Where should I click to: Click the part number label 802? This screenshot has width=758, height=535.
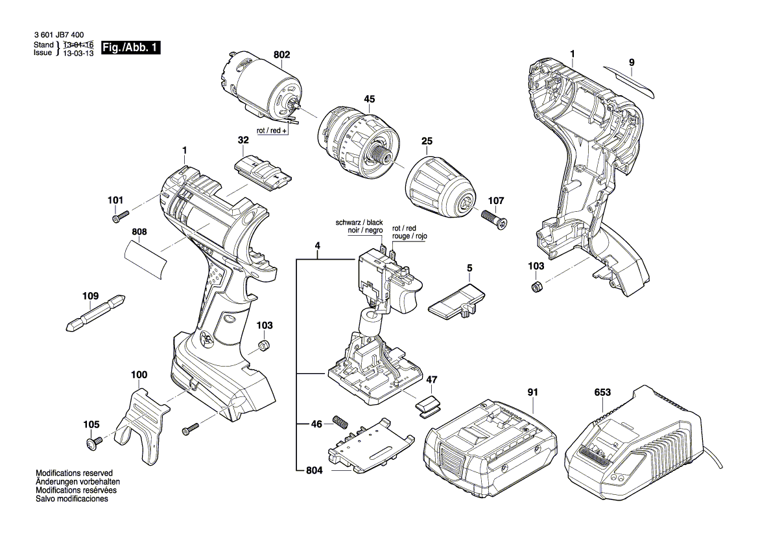pyautogui.click(x=281, y=55)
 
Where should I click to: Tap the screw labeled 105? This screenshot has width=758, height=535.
pyautogui.click(x=93, y=443)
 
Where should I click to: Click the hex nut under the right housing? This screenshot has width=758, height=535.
pyautogui.click(x=536, y=287)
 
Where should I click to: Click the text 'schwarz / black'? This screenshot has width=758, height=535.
pyautogui.click(x=359, y=222)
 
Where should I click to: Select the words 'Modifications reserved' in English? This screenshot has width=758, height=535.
pyautogui.click(x=74, y=473)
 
